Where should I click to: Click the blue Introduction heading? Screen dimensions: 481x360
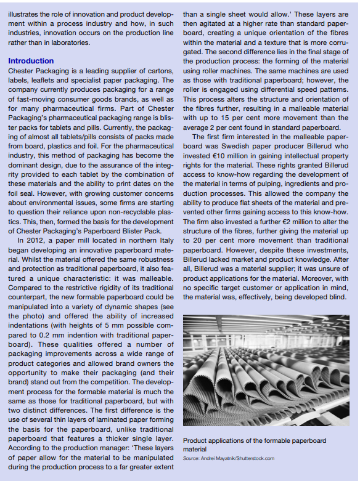(x=31, y=61)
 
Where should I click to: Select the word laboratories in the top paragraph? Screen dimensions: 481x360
(x=67, y=42)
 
